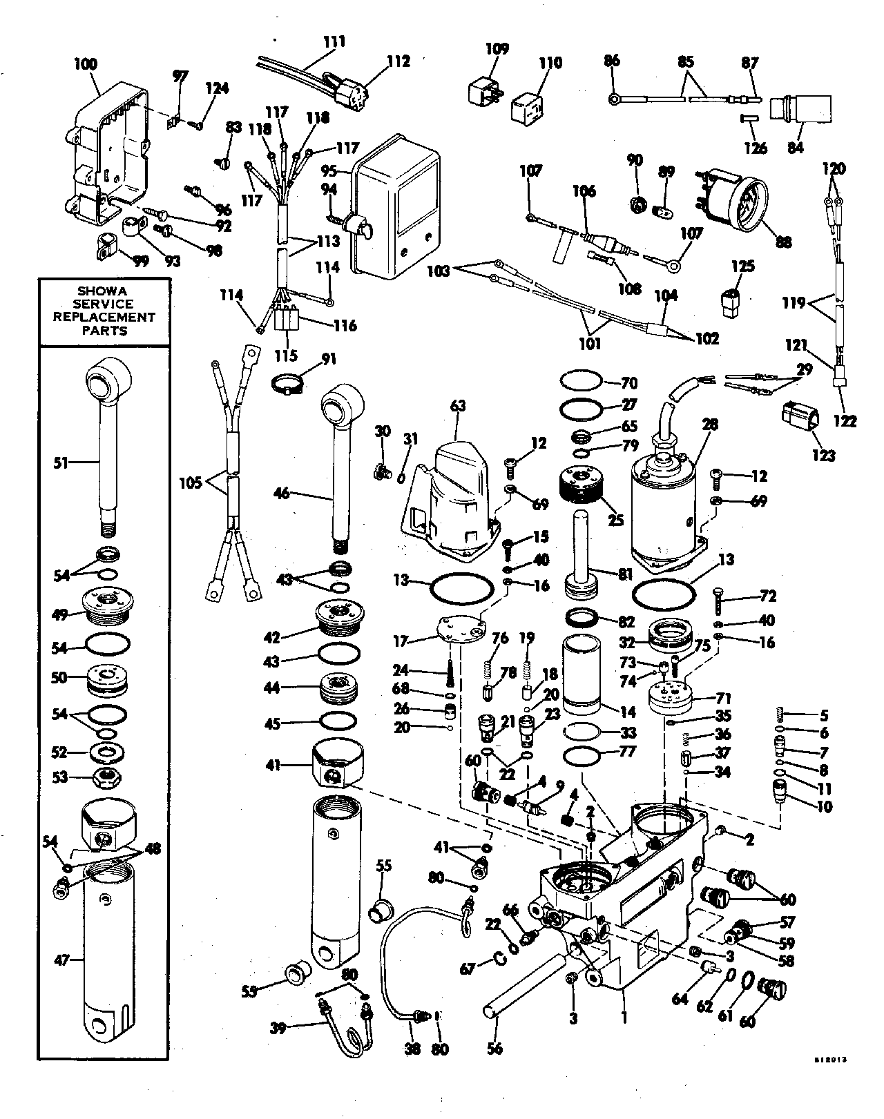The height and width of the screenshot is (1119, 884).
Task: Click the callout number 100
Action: point(86,64)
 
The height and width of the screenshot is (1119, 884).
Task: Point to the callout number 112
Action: point(397,61)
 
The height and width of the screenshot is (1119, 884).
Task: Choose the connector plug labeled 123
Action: point(800,418)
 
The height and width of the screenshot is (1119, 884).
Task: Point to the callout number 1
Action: point(624,1017)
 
